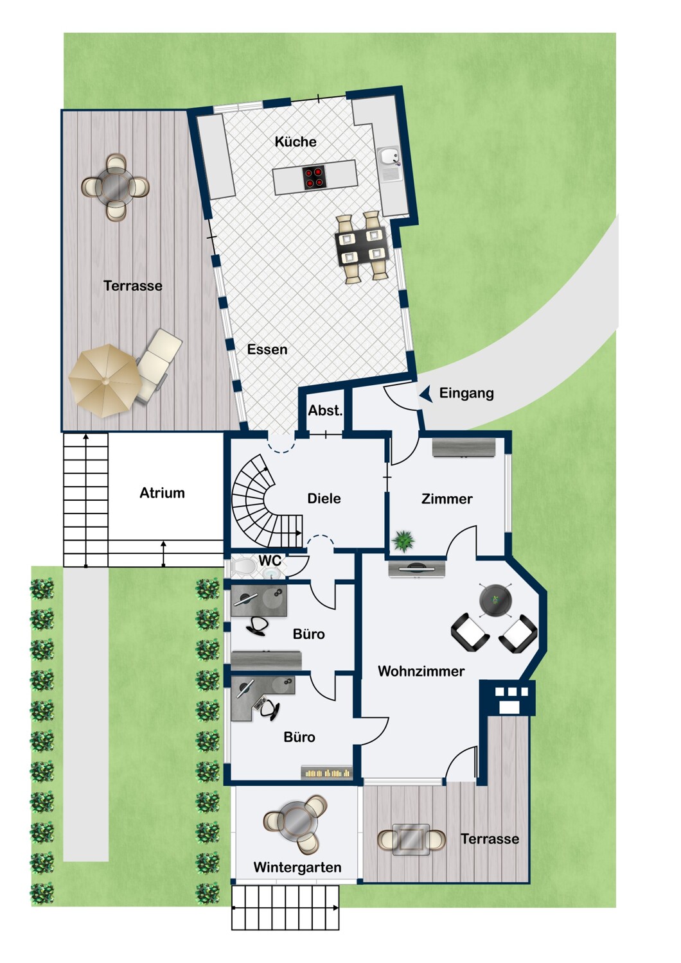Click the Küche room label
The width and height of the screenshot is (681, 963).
296,141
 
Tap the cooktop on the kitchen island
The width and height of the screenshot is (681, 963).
314,178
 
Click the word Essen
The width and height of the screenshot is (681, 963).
267,349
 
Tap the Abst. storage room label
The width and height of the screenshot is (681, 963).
325,411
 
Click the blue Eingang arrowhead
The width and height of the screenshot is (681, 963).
426,394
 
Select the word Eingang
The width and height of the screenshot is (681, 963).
466,394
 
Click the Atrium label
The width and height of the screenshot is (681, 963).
162,492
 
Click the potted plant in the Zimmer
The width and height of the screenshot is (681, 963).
404,540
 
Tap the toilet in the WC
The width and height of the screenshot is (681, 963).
242,567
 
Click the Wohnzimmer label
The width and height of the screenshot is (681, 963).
421,671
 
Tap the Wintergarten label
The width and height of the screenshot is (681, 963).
297,867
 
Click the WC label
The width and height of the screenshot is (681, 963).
270,560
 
